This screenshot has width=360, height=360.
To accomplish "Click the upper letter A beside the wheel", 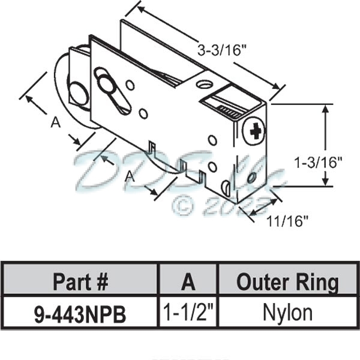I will (55, 122).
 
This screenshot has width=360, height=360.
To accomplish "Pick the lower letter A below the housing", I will (128, 176).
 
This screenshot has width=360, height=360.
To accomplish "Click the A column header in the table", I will (188, 281).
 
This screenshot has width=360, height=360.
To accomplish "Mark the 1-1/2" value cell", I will (188, 313).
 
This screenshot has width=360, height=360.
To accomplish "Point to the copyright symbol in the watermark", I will (182, 206).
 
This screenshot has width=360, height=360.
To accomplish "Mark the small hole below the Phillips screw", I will (252, 178).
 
